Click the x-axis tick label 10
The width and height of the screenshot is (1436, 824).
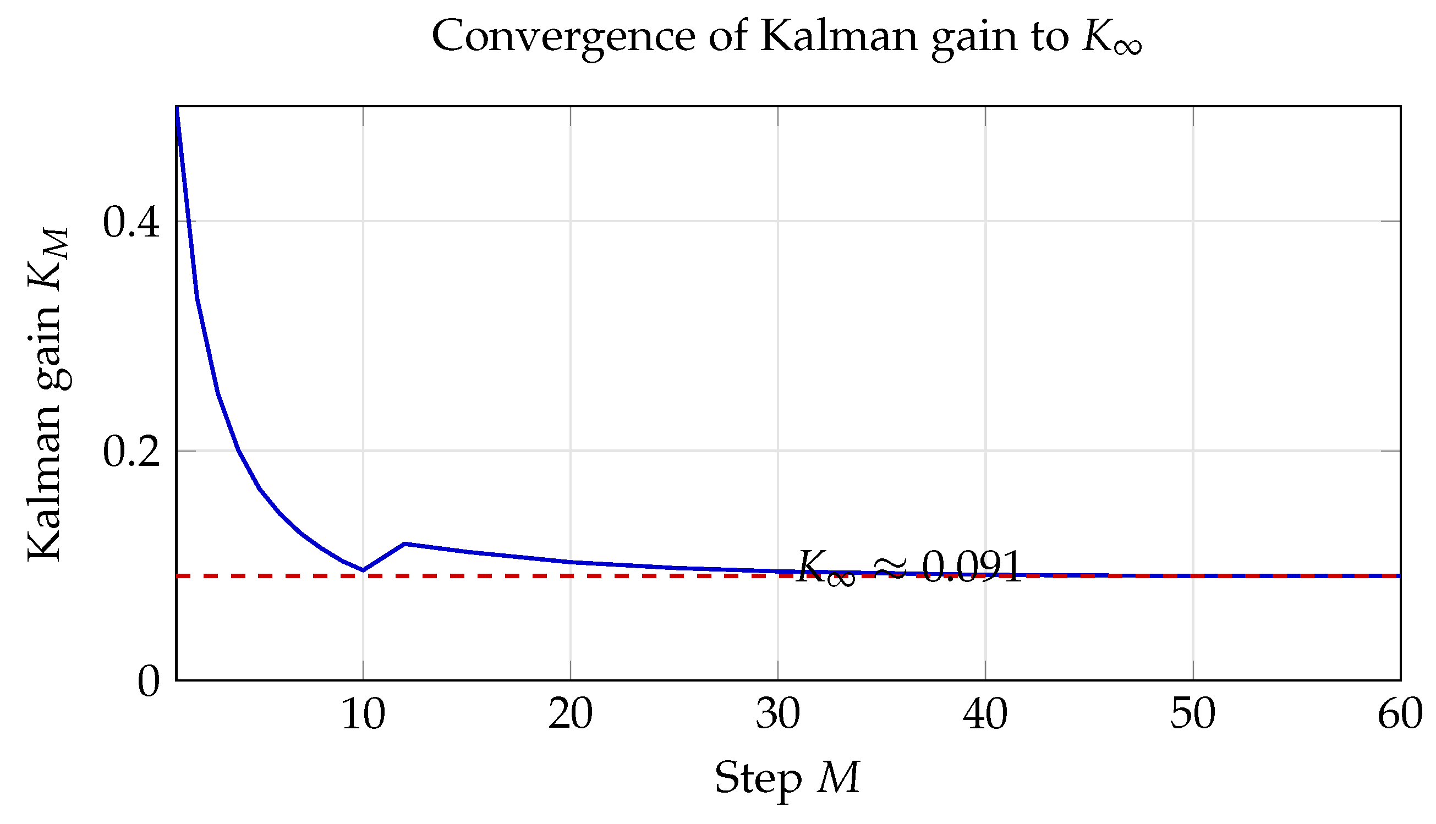tap(363, 715)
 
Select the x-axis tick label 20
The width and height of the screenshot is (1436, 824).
tap(571, 715)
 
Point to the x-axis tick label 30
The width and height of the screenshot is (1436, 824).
tap(779, 715)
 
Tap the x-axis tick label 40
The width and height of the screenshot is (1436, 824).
tap(985, 715)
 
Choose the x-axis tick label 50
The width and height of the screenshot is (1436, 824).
tap(1193, 715)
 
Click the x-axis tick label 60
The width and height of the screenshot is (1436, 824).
tap(1400, 715)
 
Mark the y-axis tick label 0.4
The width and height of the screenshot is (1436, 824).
tap(131, 222)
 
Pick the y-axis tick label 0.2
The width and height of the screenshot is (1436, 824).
tap(131, 452)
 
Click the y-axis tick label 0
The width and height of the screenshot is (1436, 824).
tap(149, 682)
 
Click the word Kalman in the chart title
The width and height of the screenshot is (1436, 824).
tap(839, 36)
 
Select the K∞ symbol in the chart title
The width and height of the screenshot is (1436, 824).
tap(1112, 38)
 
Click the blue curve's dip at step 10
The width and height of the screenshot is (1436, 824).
tap(363, 570)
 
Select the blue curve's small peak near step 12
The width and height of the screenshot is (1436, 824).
tap(405, 544)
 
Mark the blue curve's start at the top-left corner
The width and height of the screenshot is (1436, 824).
tap(177, 107)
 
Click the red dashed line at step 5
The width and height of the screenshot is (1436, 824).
tap(260, 576)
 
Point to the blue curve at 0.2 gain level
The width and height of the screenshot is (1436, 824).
tap(239, 451)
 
